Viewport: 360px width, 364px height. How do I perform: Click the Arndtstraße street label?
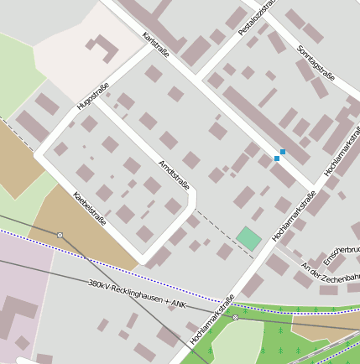pyautogui.click(x=174, y=173)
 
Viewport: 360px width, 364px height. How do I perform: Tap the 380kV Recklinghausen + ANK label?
pyautogui.click(x=139, y=293)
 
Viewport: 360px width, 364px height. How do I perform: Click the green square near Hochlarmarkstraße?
pyautogui.click(x=248, y=238)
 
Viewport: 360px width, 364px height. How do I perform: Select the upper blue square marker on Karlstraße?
pyautogui.click(x=283, y=152)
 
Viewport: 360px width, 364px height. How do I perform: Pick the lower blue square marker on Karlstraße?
pyautogui.click(x=277, y=158)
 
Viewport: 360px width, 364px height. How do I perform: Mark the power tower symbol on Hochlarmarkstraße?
pyautogui.click(x=236, y=318)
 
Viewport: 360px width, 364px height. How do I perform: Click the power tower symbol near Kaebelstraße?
pyautogui.click(x=60, y=235)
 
